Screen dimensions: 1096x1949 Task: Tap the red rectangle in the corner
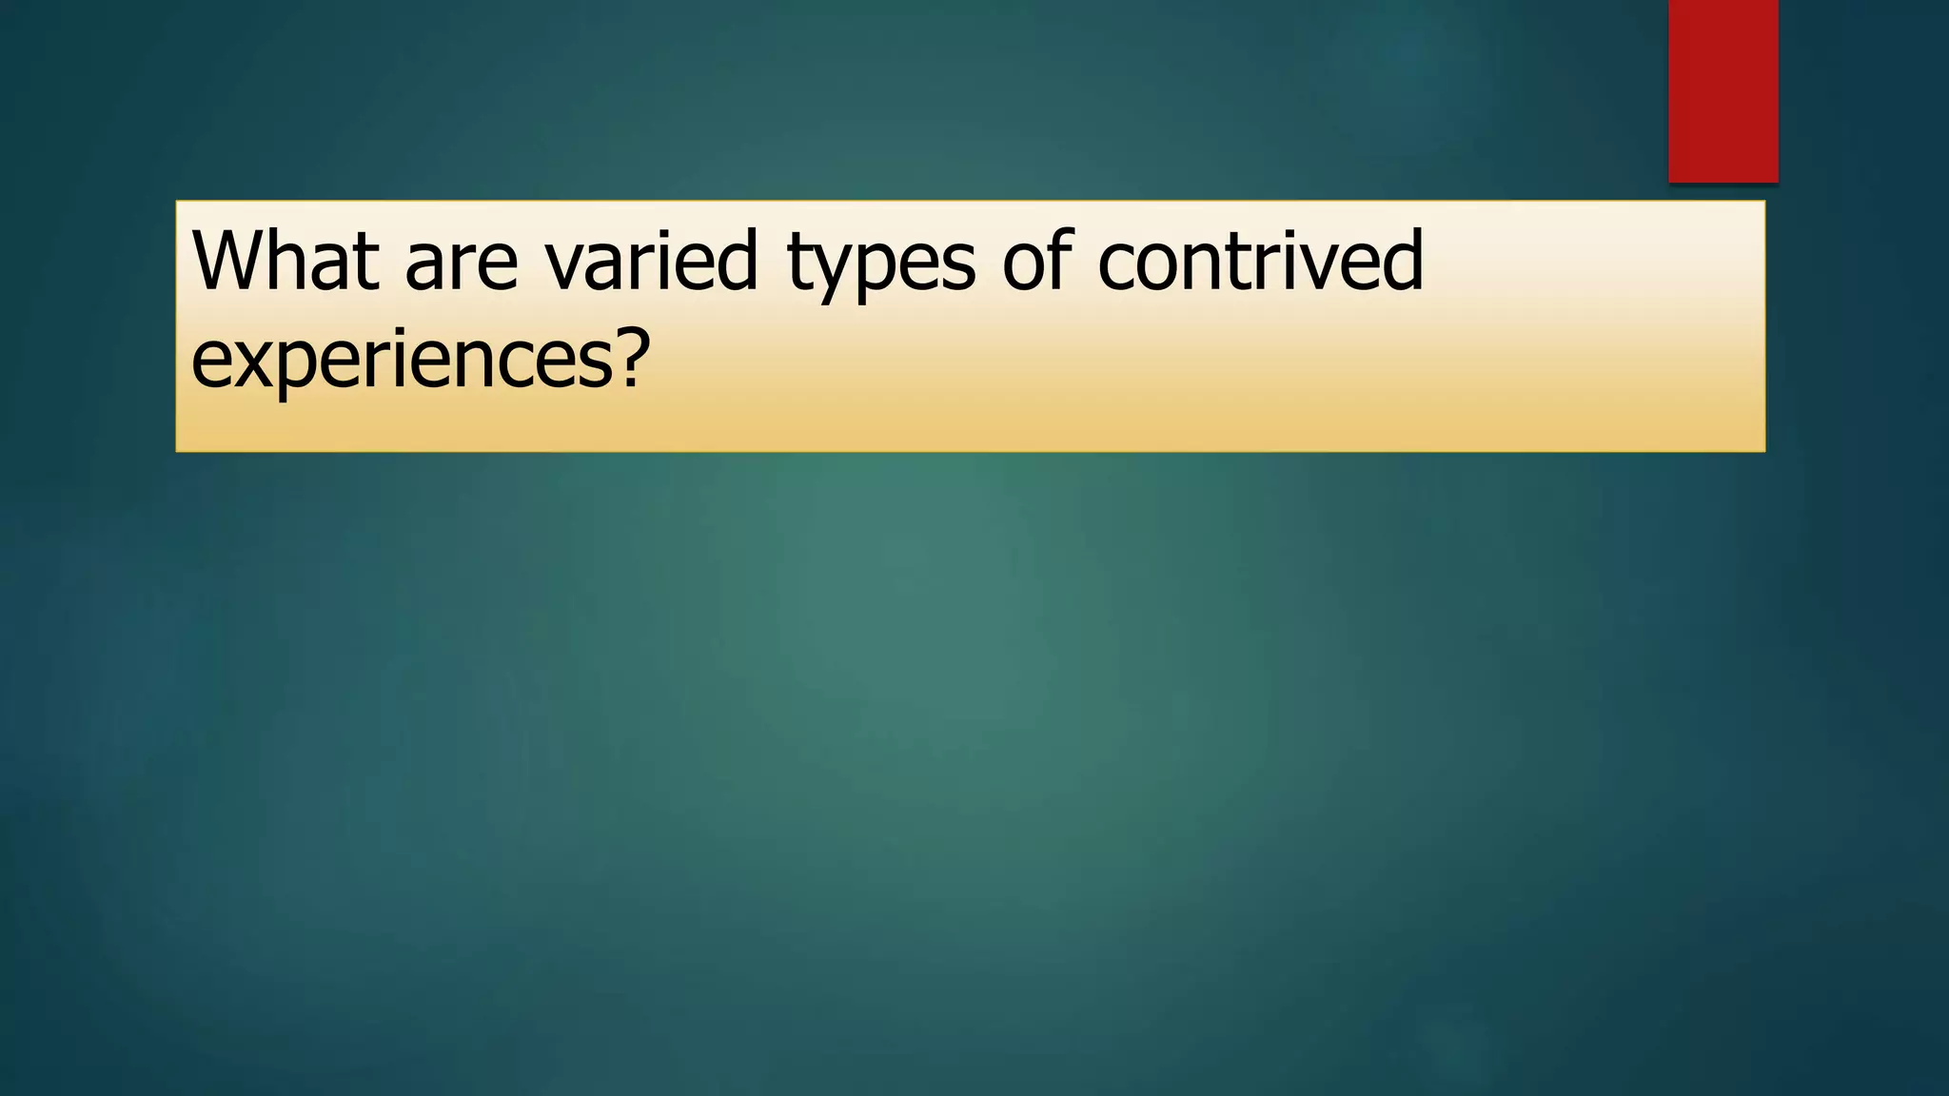(x=1723, y=90)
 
